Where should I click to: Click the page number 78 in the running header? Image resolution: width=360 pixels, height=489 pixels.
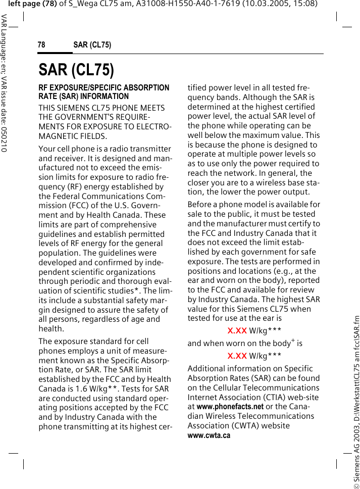(41, 45)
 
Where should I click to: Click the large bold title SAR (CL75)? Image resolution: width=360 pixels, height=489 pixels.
(76, 69)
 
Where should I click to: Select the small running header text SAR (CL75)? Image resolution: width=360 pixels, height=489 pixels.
(92, 45)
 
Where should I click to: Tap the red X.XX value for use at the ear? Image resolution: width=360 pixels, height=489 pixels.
(237, 331)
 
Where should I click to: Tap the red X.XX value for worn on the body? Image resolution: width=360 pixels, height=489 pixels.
(237, 356)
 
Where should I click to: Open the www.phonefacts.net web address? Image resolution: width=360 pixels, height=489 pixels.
(230, 406)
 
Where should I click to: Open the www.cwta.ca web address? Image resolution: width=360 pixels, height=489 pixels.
(209, 435)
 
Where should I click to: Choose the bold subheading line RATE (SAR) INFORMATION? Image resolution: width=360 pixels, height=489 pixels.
(84, 96)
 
